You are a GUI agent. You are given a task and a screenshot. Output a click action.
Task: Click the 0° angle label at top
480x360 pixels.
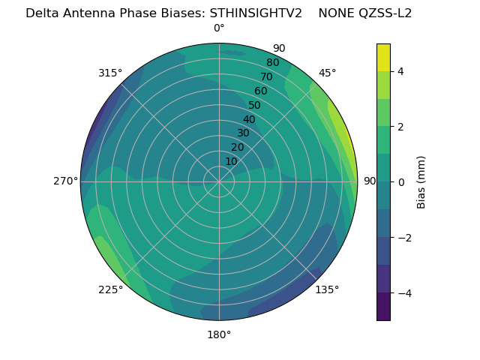tap(219, 28)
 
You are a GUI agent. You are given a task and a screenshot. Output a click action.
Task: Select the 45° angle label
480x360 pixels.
tap(328, 73)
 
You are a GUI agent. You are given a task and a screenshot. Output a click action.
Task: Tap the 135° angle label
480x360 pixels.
tap(327, 289)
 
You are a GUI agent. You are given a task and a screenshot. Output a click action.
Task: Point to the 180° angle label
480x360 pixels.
tap(219, 334)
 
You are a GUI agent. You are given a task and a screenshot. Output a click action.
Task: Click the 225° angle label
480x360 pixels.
tap(110, 290)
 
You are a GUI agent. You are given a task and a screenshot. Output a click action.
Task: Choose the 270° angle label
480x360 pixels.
tap(65, 181)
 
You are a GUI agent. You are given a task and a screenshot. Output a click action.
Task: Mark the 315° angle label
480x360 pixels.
tap(110, 73)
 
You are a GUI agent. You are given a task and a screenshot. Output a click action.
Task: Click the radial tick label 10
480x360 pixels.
tap(231, 161)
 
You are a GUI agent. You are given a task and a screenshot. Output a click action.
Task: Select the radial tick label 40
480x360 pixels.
tap(249, 119)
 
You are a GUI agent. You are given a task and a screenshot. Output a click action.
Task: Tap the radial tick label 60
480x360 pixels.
tap(261, 91)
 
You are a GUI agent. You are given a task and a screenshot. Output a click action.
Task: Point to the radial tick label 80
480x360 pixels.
tap(273, 63)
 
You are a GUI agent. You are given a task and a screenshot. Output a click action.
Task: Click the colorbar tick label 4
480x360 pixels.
tap(400, 71)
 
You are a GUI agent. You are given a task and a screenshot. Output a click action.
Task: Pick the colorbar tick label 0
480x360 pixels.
tap(400, 182)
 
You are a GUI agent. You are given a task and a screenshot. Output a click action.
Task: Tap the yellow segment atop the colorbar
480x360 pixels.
tap(383, 57)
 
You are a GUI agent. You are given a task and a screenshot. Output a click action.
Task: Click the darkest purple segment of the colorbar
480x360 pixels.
tap(383, 307)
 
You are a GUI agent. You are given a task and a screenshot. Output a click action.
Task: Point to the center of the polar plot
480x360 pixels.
tap(219, 181)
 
